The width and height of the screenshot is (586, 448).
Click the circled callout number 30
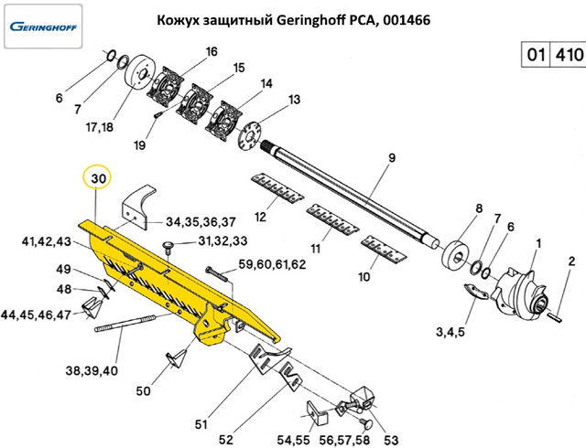tap(98, 176)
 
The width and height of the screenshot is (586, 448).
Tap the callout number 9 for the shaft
tap(390, 158)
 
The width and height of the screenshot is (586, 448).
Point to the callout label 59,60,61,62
tap(272, 264)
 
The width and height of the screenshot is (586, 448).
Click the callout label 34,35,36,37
tap(201, 222)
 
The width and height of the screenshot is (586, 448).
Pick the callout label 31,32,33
tap(222, 241)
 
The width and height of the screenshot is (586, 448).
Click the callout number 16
tap(212, 51)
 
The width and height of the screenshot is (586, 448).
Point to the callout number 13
tap(294, 99)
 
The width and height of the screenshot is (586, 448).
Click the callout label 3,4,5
tap(450, 330)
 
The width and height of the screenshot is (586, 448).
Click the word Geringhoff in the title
tap(313, 19)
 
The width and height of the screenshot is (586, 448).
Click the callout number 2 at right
tap(571, 262)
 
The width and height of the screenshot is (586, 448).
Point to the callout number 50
tap(143, 391)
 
